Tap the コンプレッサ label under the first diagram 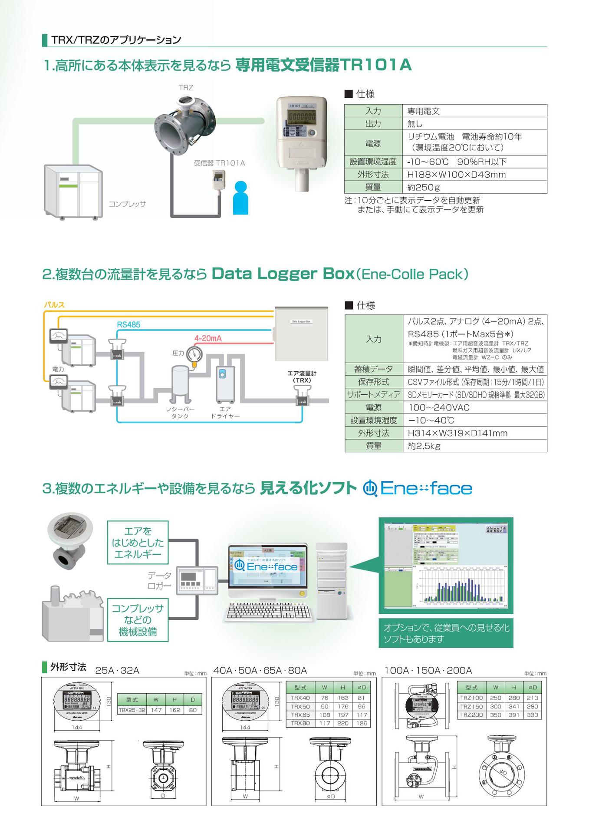click(x=127, y=204)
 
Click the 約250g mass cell click(x=423, y=187)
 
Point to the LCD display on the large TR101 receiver click(x=302, y=117)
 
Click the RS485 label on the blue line click(x=128, y=324)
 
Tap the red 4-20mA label click(x=208, y=338)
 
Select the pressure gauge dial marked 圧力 click(x=194, y=354)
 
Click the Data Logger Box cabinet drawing click(x=301, y=333)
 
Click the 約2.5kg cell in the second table click(x=424, y=446)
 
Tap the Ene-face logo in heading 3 click(x=418, y=488)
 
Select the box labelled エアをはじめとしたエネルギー click(x=138, y=543)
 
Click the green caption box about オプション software click(x=446, y=633)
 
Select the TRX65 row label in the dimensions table click(x=300, y=715)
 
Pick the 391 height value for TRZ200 click(x=514, y=715)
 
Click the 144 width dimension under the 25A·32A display click(x=77, y=727)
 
